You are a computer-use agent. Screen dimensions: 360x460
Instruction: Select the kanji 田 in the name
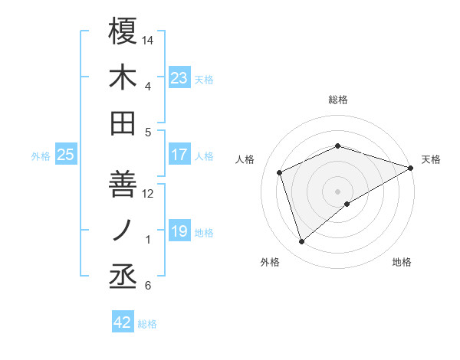click(123, 123)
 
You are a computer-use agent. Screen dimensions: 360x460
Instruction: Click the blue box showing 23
click(179, 77)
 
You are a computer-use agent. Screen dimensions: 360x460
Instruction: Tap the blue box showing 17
click(179, 155)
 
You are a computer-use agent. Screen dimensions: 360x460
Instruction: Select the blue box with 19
click(179, 231)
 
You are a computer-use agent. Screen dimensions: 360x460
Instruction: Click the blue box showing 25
click(65, 155)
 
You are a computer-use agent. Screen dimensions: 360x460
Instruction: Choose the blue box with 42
click(123, 322)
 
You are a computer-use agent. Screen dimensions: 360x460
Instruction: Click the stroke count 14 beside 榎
click(148, 39)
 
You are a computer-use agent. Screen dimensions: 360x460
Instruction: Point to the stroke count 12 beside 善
click(148, 193)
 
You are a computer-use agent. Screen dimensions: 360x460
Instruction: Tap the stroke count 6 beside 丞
click(148, 286)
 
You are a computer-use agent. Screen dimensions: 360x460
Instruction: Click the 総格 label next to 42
click(147, 324)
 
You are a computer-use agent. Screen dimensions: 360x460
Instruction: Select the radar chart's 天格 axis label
click(431, 159)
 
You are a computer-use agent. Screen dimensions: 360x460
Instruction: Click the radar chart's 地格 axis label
click(402, 262)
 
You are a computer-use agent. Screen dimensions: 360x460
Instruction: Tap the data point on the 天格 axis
click(411, 167)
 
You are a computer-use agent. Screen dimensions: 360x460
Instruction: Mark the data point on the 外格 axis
click(301, 242)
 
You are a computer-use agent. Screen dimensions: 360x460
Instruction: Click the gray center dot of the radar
click(338, 191)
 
